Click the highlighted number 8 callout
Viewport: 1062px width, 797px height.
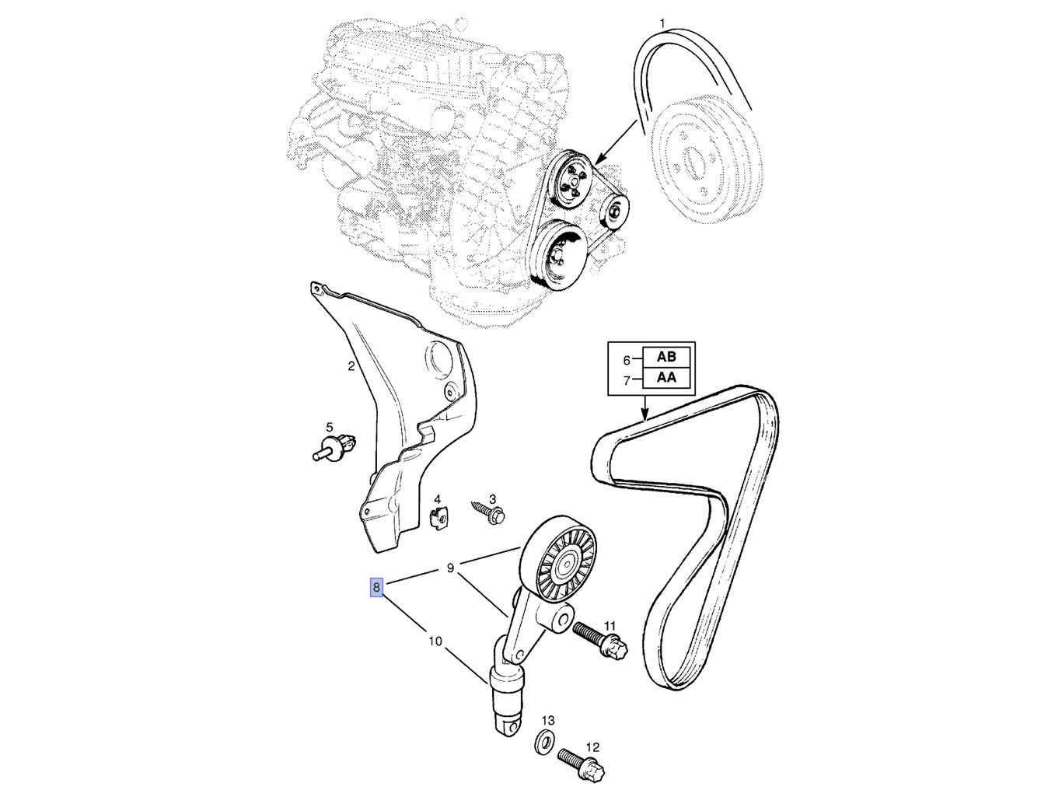(376, 587)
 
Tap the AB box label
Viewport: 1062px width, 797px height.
(666, 357)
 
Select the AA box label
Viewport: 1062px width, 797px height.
(666, 378)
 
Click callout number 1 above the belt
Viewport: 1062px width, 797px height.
(662, 23)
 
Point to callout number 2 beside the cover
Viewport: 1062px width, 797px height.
(351, 365)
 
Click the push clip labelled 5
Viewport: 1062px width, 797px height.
(335, 447)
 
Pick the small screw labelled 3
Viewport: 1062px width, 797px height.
(488, 510)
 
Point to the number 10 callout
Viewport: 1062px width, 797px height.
(435, 641)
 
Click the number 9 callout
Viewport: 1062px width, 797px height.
(450, 568)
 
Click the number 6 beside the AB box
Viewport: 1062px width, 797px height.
(627, 360)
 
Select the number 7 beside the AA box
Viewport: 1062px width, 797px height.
(627, 381)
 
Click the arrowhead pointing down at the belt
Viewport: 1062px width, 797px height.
(645, 416)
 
